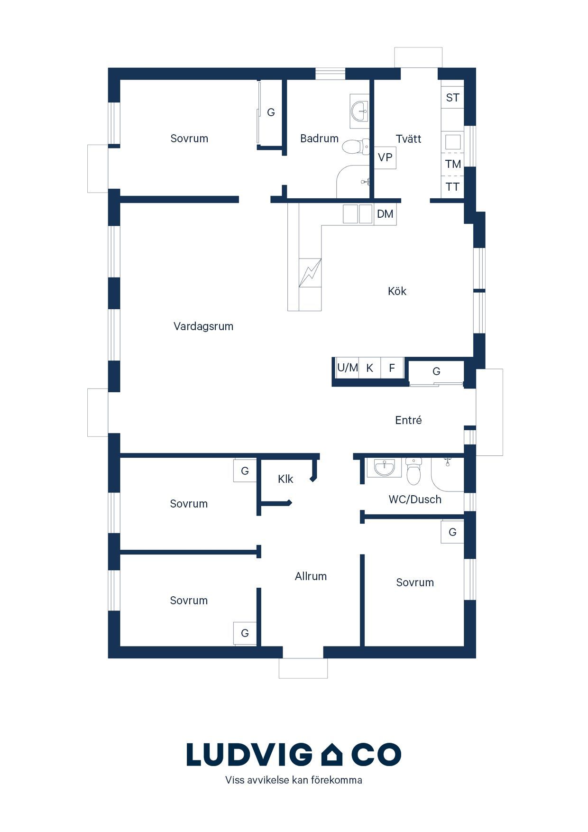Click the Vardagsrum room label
[203, 326]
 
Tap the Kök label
[397, 291]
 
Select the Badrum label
[319, 139]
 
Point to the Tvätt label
[408, 139]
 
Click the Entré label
[408, 420]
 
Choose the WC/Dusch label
[415, 499]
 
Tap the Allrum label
[311, 576]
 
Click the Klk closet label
[285, 479]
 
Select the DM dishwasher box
[385, 214]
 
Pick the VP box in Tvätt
[385, 157]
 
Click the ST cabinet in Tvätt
[452, 98]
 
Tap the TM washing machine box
[452, 164]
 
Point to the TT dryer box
[452, 187]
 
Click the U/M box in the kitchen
[347, 368]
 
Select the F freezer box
[392, 368]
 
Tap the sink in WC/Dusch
[384, 467]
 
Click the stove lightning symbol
[310, 273]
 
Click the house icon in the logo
[332, 754]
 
